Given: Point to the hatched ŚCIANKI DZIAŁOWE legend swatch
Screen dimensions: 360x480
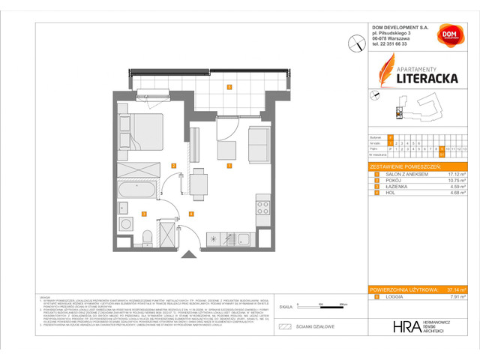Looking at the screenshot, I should point(284,327).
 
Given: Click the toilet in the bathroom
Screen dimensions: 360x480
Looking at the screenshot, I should point(147,238).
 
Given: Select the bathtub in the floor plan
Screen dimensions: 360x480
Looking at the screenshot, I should point(136,192).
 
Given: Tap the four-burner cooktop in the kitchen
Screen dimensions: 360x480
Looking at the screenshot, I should point(262,203).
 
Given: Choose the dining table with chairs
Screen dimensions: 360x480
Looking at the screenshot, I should point(198,184).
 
